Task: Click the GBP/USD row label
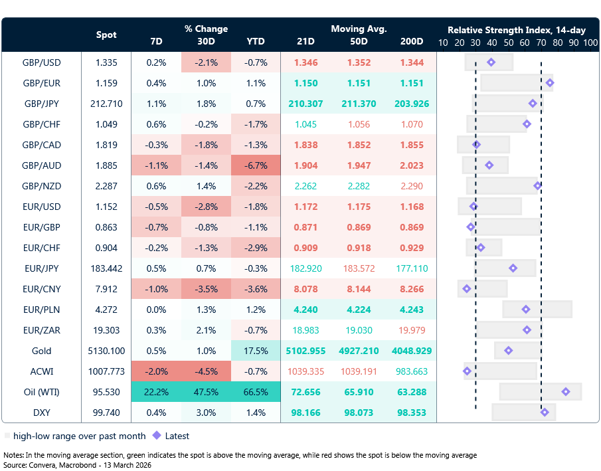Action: click(x=41, y=63)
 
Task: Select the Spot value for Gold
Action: click(x=106, y=351)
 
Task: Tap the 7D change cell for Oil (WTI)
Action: click(x=156, y=392)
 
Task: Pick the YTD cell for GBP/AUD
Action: click(x=256, y=166)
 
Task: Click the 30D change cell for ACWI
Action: click(x=206, y=371)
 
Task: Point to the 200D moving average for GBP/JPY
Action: click(x=412, y=104)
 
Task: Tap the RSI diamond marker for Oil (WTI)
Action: click(x=565, y=392)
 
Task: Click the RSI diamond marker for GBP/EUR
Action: click(x=549, y=83)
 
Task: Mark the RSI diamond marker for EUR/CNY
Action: click(x=466, y=289)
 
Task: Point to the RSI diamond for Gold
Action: click(x=509, y=351)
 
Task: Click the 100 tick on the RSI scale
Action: click(x=590, y=42)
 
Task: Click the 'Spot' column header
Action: click(x=106, y=35)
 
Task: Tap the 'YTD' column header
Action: click(x=256, y=41)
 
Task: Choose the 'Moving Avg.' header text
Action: click(x=359, y=29)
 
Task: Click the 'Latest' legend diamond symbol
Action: click(x=157, y=436)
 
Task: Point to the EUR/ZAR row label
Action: click(x=41, y=330)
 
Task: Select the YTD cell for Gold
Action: click(x=256, y=351)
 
